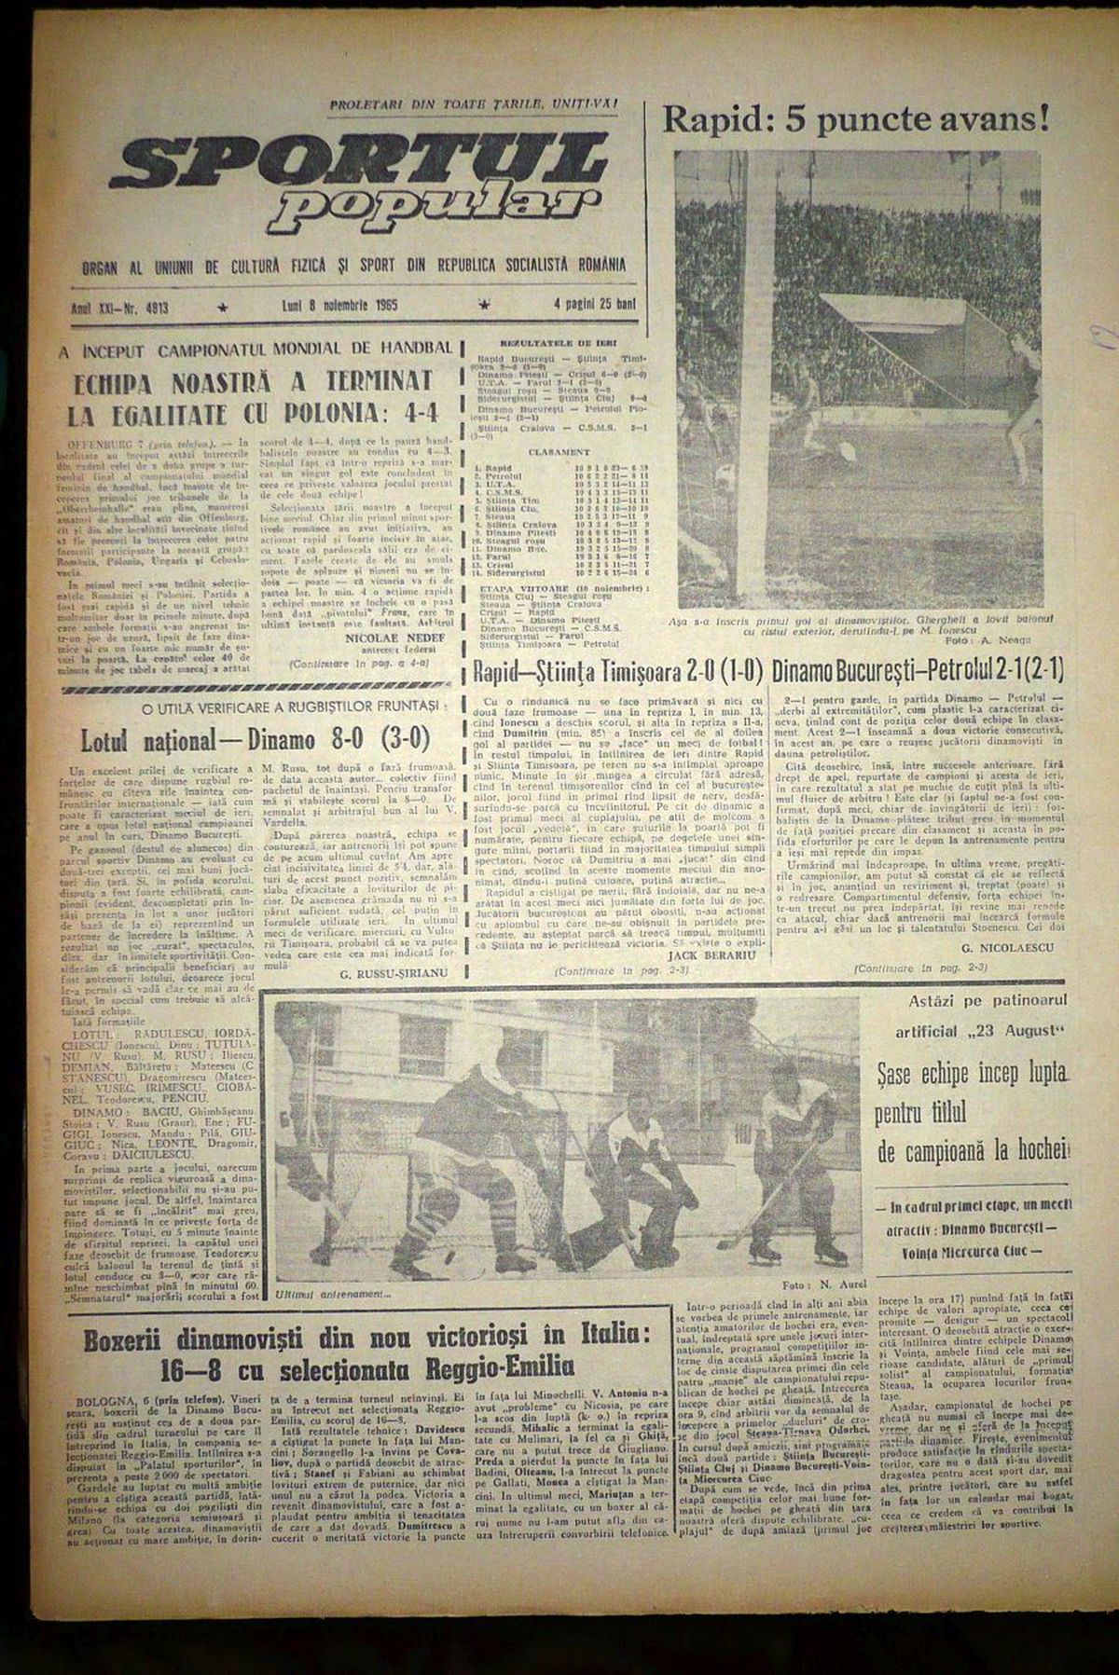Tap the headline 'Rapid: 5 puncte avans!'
(x=855, y=118)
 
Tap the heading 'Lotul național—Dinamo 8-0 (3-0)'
(x=255, y=737)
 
